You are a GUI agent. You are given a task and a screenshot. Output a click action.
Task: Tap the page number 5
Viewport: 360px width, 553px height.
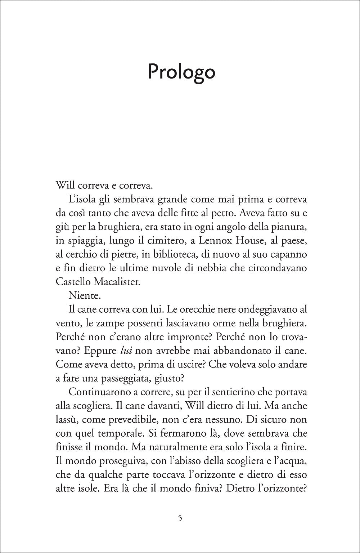click(x=180, y=519)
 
